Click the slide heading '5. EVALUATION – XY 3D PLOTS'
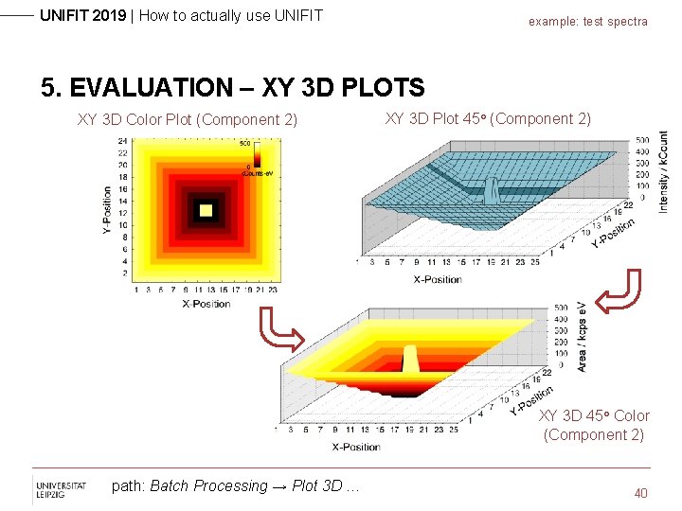coord(233,88)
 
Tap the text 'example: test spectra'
coord(587,21)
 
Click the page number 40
coord(641,493)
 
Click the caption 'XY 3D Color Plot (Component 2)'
coord(187,119)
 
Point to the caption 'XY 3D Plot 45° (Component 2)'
coord(487,118)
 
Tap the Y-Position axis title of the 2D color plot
coord(107,210)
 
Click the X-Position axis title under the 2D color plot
coord(205,303)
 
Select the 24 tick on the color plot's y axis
coord(122,141)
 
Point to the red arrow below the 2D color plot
coord(280,330)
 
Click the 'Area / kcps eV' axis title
coord(583,337)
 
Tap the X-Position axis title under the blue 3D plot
coord(438,279)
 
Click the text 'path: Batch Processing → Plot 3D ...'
coord(236,486)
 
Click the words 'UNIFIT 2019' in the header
coord(82,15)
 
